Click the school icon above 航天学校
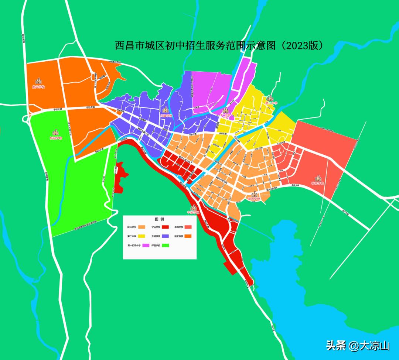coord(38,81)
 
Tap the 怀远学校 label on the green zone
coord(56,138)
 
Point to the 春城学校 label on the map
coord(317,184)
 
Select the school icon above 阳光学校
coord(254,194)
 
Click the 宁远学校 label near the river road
coord(193,213)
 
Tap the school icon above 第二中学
coord(270,98)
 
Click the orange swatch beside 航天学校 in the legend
coord(188,236)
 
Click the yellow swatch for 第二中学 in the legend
coord(141,236)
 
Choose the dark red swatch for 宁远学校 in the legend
coord(166,227)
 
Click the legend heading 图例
coord(159,219)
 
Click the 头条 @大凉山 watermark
coord(358,346)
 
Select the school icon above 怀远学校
coord(56,133)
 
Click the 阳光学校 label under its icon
coord(254,199)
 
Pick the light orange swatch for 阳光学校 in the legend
coord(141,227)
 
